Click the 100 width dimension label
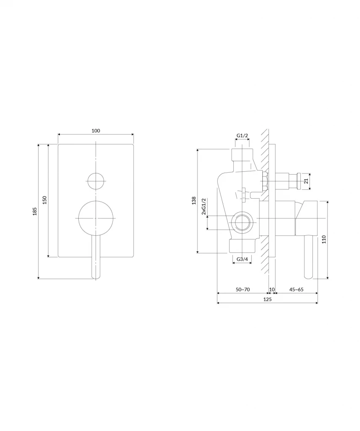(96, 130)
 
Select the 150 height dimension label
(45, 200)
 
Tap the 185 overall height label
(35, 211)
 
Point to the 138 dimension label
(194, 200)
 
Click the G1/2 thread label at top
(242, 135)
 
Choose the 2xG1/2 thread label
(204, 206)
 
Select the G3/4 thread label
(242, 259)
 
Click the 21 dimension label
(306, 181)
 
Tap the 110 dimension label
(324, 239)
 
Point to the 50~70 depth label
(243, 290)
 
